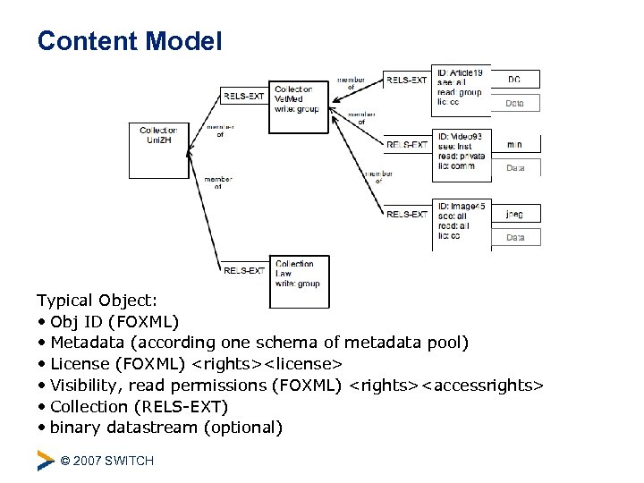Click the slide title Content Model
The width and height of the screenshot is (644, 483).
click(130, 41)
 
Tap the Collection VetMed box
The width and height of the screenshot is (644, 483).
click(299, 99)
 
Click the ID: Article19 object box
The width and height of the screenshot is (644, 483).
click(462, 91)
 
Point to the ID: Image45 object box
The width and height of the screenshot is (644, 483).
click(462, 223)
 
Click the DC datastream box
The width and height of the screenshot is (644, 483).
click(515, 80)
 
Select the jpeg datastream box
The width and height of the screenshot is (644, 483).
click(515, 215)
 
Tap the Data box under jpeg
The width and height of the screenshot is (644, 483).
click(515, 238)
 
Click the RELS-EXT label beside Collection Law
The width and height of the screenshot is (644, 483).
click(244, 270)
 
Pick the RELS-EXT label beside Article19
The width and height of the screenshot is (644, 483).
click(407, 80)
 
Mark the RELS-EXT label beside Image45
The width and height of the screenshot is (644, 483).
click(407, 215)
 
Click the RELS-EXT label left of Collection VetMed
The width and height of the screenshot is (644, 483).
click(244, 96)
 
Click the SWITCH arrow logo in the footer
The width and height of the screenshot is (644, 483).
click(46, 461)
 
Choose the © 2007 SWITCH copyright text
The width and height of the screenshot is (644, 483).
click(106, 461)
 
